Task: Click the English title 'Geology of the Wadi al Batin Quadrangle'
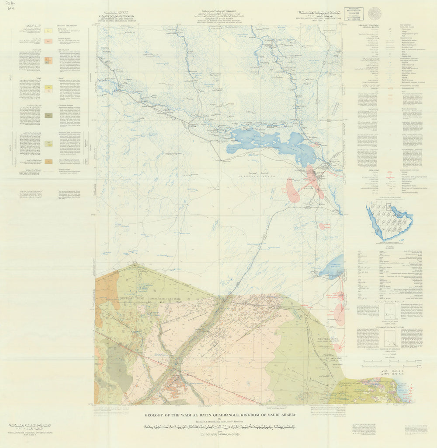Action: [x=220, y=415]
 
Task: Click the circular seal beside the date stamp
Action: [x=374, y=13]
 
